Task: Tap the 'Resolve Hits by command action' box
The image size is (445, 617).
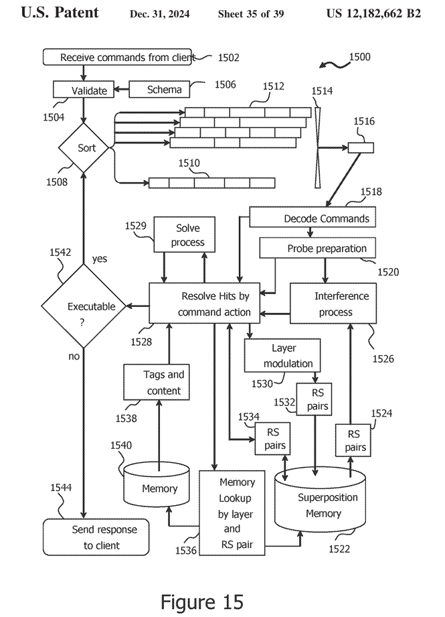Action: coord(215,303)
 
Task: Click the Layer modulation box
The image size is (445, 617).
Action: coord(282,356)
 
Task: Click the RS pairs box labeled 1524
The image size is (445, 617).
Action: coord(355,440)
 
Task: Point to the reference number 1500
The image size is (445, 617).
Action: coord(359,58)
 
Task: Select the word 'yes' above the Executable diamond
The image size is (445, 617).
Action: coord(99,259)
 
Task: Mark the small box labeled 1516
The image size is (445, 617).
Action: coord(361,148)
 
